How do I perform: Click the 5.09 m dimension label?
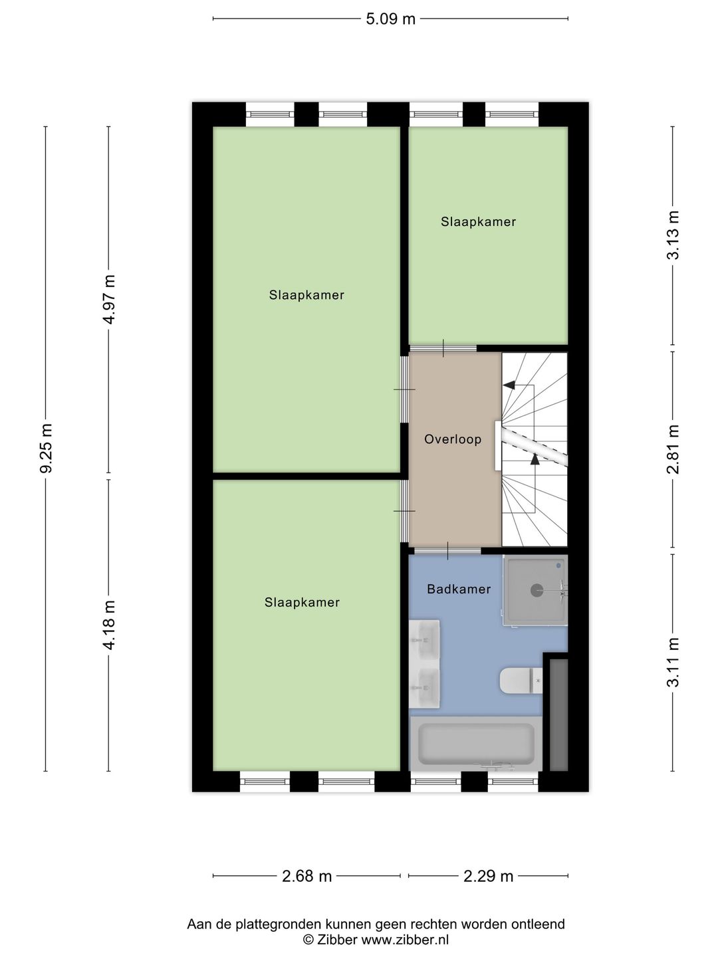coord(390,19)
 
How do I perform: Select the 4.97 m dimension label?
coord(110,299)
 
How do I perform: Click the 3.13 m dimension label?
coord(673,235)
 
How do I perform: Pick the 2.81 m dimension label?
coord(673,449)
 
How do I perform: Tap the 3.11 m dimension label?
coord(673,662)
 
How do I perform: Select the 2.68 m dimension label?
coord(306,876)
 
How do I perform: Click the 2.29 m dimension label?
coord(488,876)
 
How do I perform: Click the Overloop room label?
coord(453,439)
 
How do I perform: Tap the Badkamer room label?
coord(459,589)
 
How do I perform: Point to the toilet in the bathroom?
coord(521,681)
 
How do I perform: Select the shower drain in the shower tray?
coord(537,590)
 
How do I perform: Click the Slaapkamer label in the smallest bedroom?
coord(478,222)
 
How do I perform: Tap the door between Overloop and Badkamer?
coord(447,550)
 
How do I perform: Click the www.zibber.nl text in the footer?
coord(405,940)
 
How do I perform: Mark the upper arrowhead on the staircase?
coord(509,385)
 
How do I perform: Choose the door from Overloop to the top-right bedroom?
coord(443,348)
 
